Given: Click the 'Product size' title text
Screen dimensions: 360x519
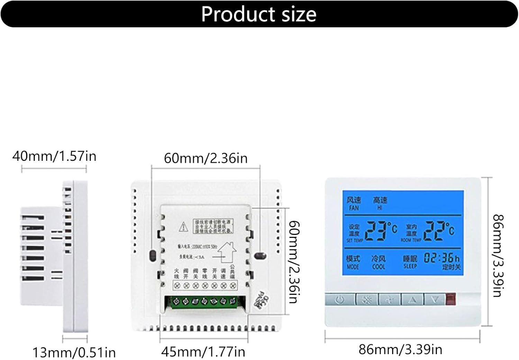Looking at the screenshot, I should coord(259,14).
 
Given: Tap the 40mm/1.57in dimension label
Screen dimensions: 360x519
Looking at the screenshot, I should coord(54,156).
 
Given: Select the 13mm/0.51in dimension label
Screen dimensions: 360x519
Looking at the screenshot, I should coord(74,353).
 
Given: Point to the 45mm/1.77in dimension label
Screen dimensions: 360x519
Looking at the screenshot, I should coord(203,352).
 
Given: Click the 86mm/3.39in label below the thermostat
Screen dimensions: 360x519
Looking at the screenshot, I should coord(400,350).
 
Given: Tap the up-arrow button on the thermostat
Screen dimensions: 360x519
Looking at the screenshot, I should coord(412,299).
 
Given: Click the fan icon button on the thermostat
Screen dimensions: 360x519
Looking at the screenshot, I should coord(389,299).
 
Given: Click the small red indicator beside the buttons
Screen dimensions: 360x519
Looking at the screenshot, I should coord(450,299).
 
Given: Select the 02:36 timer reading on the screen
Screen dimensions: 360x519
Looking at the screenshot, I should coord(438,258).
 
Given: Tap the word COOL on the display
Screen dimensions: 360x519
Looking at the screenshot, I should coord(379,267).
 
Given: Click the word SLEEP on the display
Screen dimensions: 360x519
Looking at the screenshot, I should coord(410,266).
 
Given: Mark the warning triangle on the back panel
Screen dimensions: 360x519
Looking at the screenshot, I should coord(183,227).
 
